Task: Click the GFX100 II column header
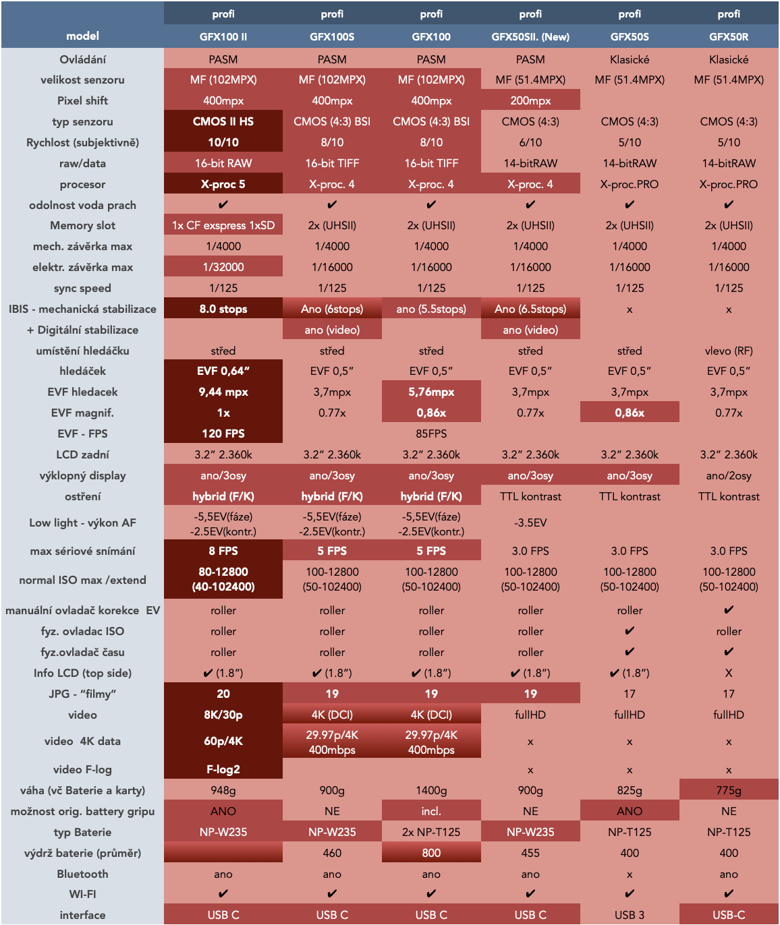pyautogui.click(x=223, y=36)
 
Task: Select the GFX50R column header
pyautogui.click(x=729, y=36)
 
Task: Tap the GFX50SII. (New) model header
pyautogui.click(x=530, y=36)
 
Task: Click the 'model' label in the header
pyautogui.click(x=82, y=36)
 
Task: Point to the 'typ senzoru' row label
pyautogui.click(x=82, y=121)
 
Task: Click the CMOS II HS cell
pyautogui.click(x=223, y=121)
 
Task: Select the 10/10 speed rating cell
pyautogui.click(x=223, y=142)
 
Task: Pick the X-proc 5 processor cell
pyautogui.click(x=223, y=184)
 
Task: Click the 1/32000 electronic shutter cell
pyautogui.click(x=223, y=267)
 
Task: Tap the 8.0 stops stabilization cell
pyautogui.click(x=223, y=309)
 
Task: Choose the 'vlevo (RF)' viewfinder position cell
pyautogui.click(x=729, y=351)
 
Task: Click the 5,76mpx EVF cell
pyautogui.click(x=431, y=392)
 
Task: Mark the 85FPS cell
pyautogui.click(x=431, y=434)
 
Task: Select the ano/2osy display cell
pyautogui.click(x=729, y=475)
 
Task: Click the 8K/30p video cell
pyautogui.click(x=223, y=715)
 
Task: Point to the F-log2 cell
pyautogui.click(x=223, y=769)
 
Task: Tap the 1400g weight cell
pyautogui.click(x=431, y=790)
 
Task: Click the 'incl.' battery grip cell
pyautogui.click(x=431, y=811)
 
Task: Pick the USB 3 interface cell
pyautogui.click(x=630, y=915)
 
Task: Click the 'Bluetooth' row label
pyautogui.click(x=82, y=874)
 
